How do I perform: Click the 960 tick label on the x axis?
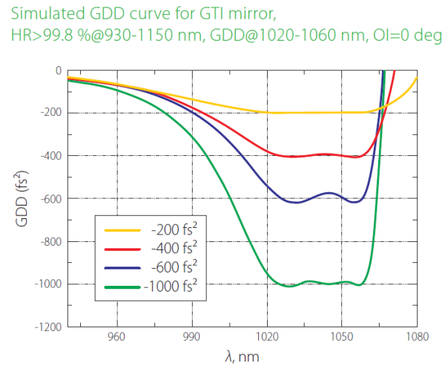click(x=116, y=336)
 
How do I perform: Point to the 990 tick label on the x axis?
click(x=192, y=336)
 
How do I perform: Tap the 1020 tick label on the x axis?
click(x=267, y=336)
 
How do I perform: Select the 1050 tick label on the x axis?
click(x=342, y=336)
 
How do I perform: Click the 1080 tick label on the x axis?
click(x=417, y=336)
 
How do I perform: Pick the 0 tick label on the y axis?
click(x=58, y=71)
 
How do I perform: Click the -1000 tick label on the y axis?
click(x=47, y=284)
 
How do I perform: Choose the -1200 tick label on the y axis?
click(x=47, y=327)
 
